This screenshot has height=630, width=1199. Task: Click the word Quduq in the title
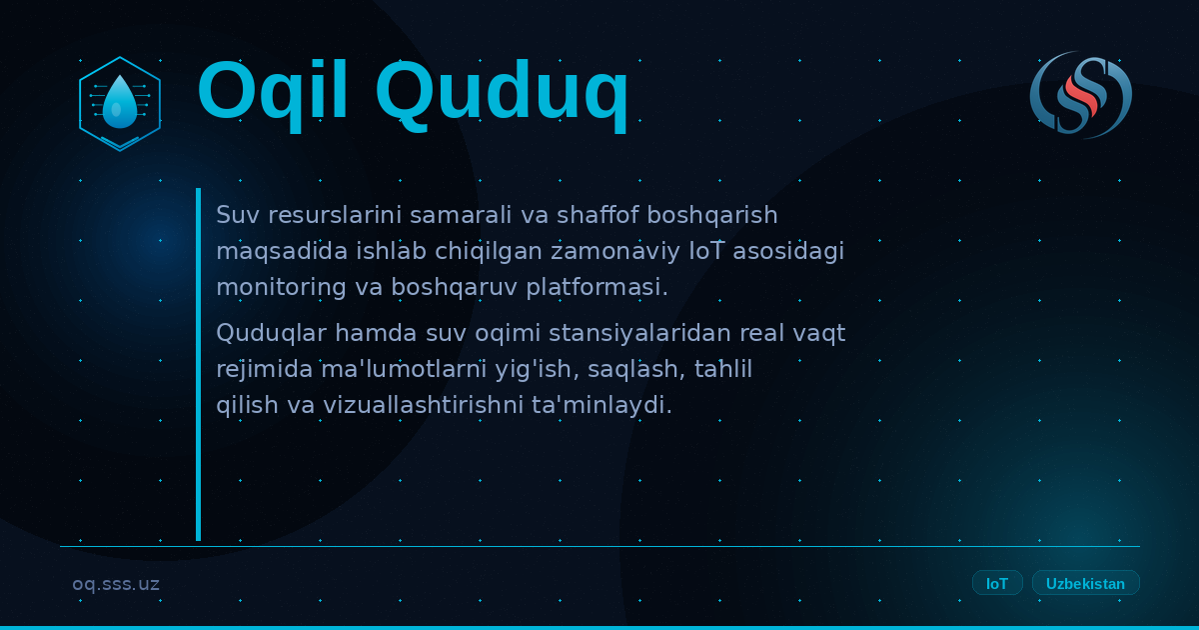point(502,95)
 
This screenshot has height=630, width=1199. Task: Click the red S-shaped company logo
point(1081,95)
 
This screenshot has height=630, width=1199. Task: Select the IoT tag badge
point(997,583)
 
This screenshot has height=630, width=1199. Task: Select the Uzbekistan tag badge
point(1085,583)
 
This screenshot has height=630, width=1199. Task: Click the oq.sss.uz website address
point(116,584)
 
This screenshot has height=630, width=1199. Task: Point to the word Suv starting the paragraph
point(238,215)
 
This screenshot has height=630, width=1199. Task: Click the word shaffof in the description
point(598,215)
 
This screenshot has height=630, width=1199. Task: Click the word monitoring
point(282,287)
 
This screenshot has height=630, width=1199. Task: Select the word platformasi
point(598,287)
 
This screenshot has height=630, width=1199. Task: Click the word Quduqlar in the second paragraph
point(272,333)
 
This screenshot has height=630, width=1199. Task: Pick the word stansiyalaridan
point(640,333)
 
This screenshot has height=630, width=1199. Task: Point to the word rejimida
point(265,370)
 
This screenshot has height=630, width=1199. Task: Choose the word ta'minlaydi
point(601,405)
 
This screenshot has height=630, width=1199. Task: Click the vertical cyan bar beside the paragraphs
point(199,364)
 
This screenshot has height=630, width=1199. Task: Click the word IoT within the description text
point(706,251)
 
